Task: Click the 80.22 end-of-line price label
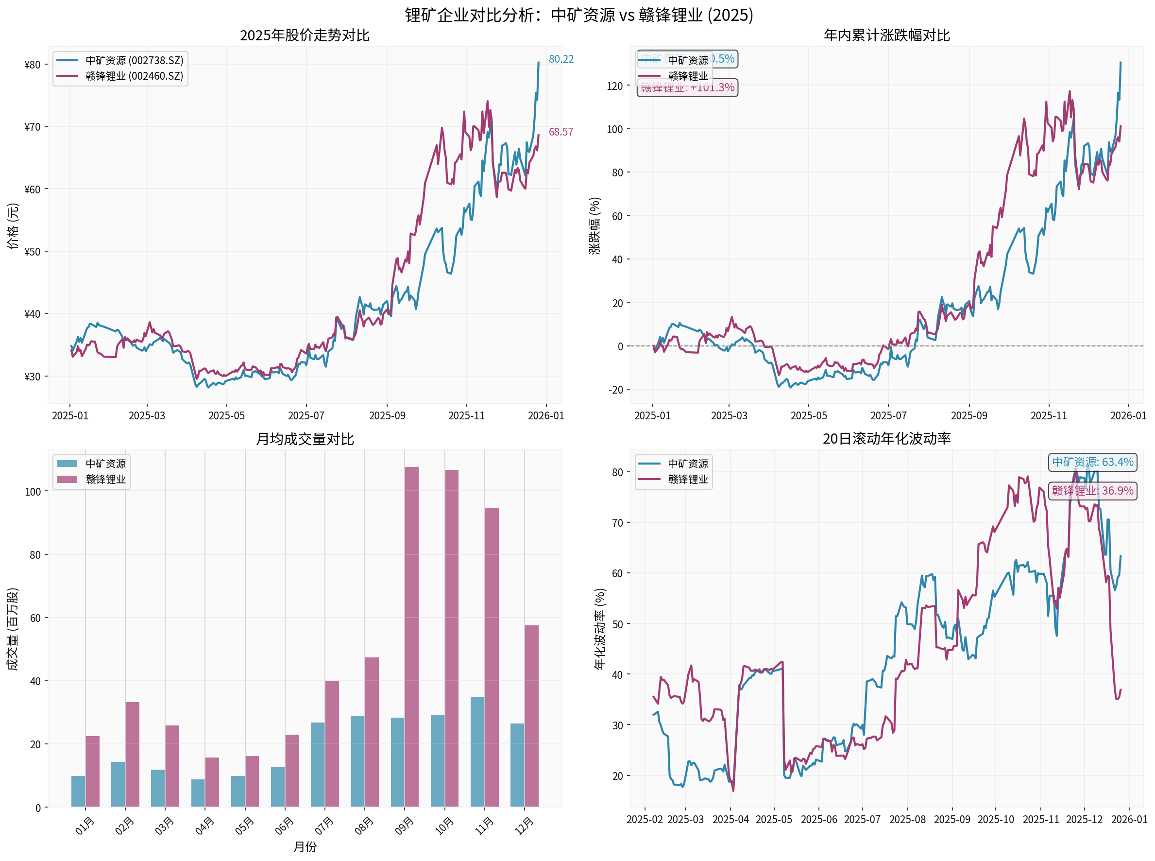click(561, 59)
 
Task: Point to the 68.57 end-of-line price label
click(561, 132)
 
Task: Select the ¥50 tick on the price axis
click(33, 252)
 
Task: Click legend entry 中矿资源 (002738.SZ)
click(134, 61)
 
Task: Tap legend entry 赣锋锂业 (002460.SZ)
click(134, 76)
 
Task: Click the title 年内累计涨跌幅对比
click(886, 35)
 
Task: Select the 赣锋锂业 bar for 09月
click(411, 637)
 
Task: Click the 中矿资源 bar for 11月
click(477, 752)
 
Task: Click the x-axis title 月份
click(305, 847)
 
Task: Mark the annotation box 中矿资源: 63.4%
click(1092, 462)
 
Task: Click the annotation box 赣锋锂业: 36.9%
click(1092, 491)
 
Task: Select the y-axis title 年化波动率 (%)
click(600, 629)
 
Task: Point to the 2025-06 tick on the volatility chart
click(818, 820)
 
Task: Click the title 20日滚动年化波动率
click(886, 439)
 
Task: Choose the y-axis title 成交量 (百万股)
click(13, 629)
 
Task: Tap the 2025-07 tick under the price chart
click(306, 416)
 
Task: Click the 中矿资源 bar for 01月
click(78, 791)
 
